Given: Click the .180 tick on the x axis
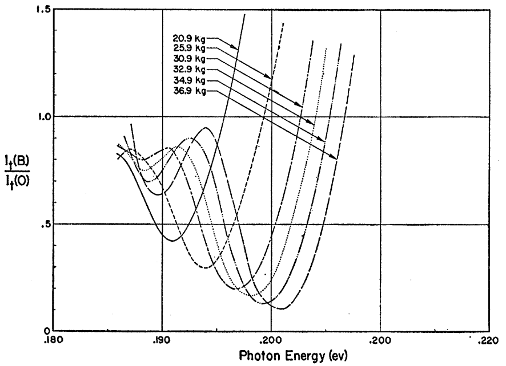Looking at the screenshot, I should [x=55, y=341].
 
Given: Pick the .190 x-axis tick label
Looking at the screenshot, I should [x=162, y=341].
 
